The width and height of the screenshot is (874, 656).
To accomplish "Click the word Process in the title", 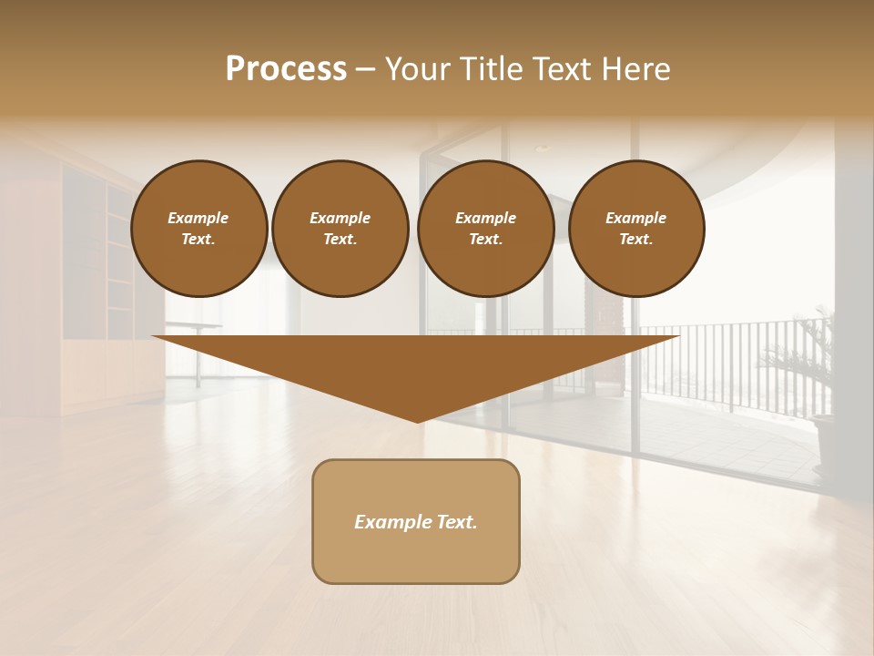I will click(x=286, y=69).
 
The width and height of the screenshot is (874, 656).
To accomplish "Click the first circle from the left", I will click(x=199, y=229).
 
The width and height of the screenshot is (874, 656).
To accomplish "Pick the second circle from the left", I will click(x=340, y=229).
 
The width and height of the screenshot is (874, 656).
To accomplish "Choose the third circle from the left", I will click(x=486, y=229).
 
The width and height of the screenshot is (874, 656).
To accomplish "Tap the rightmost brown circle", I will click(x=636, y=229).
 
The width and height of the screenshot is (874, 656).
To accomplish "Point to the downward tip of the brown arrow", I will click(x=418, y=421).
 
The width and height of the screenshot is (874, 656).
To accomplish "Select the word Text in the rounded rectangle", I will click(x=454, y=522).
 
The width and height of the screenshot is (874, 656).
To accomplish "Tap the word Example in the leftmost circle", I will click(x=198, y=218).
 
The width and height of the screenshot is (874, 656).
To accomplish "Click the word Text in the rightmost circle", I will click(x=635, y=240).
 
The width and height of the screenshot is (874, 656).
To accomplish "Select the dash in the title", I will click(x=365, y=69).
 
